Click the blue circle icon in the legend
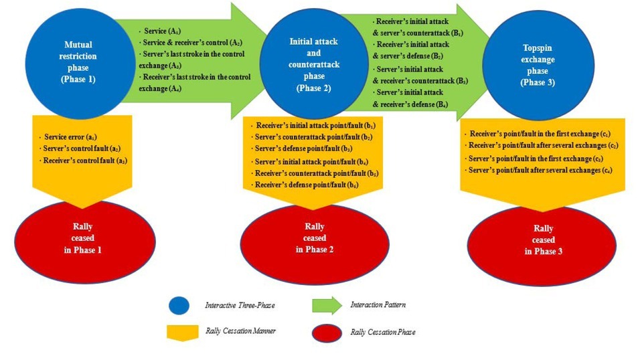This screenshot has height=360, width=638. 179,306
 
